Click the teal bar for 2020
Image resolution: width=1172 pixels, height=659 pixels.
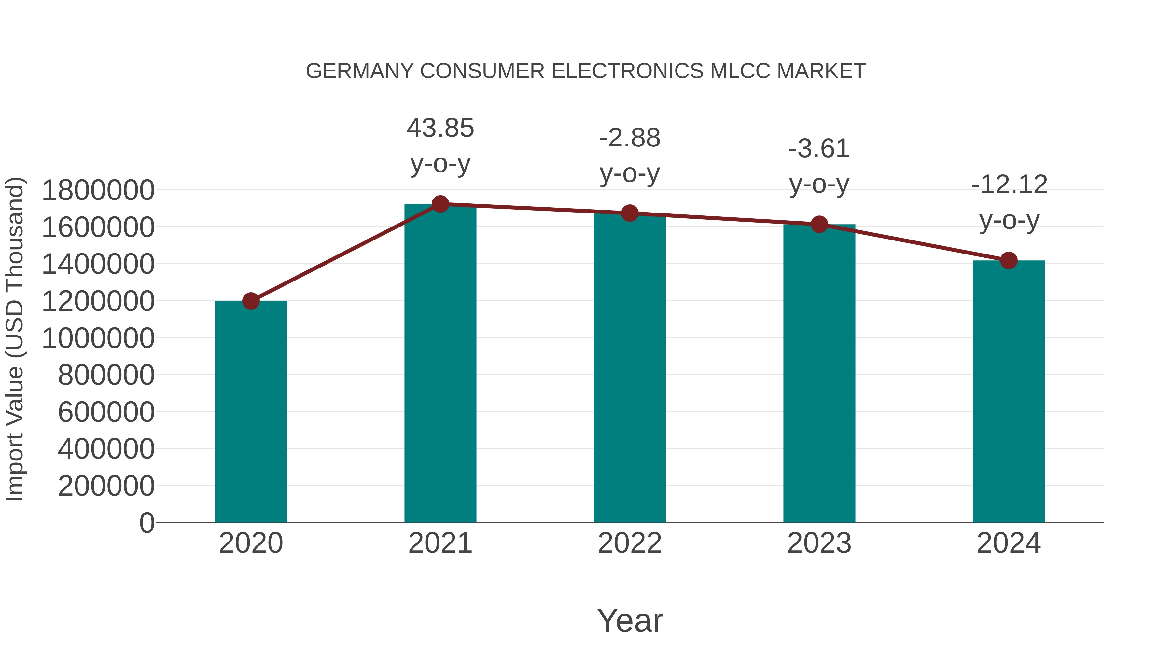click(x=251, y=412)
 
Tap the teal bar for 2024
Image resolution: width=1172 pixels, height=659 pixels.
click(x=1009, y=391)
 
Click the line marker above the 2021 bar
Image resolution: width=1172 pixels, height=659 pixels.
click(x=440, y=204)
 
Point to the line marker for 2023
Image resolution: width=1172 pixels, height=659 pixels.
click(x=819, y=224)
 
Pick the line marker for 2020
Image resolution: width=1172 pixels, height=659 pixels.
click(x=251, y=301)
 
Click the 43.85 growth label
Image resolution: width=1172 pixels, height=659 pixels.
click(x=440, y=128)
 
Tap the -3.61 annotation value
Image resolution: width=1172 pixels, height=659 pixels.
click(x=819, y=149)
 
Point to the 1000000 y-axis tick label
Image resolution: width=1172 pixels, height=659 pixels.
click(x=98, y=338)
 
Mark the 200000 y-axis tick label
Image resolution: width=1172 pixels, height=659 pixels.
click(x=106, y=486)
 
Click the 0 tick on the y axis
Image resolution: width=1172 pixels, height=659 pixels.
click(x=147, y=523)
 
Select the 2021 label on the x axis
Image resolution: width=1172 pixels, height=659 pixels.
click(x=440, y=543)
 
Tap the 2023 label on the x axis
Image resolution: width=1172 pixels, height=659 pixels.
click(x=819, y=543)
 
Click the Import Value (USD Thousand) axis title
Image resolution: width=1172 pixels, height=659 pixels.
click(x=15, y=339)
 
